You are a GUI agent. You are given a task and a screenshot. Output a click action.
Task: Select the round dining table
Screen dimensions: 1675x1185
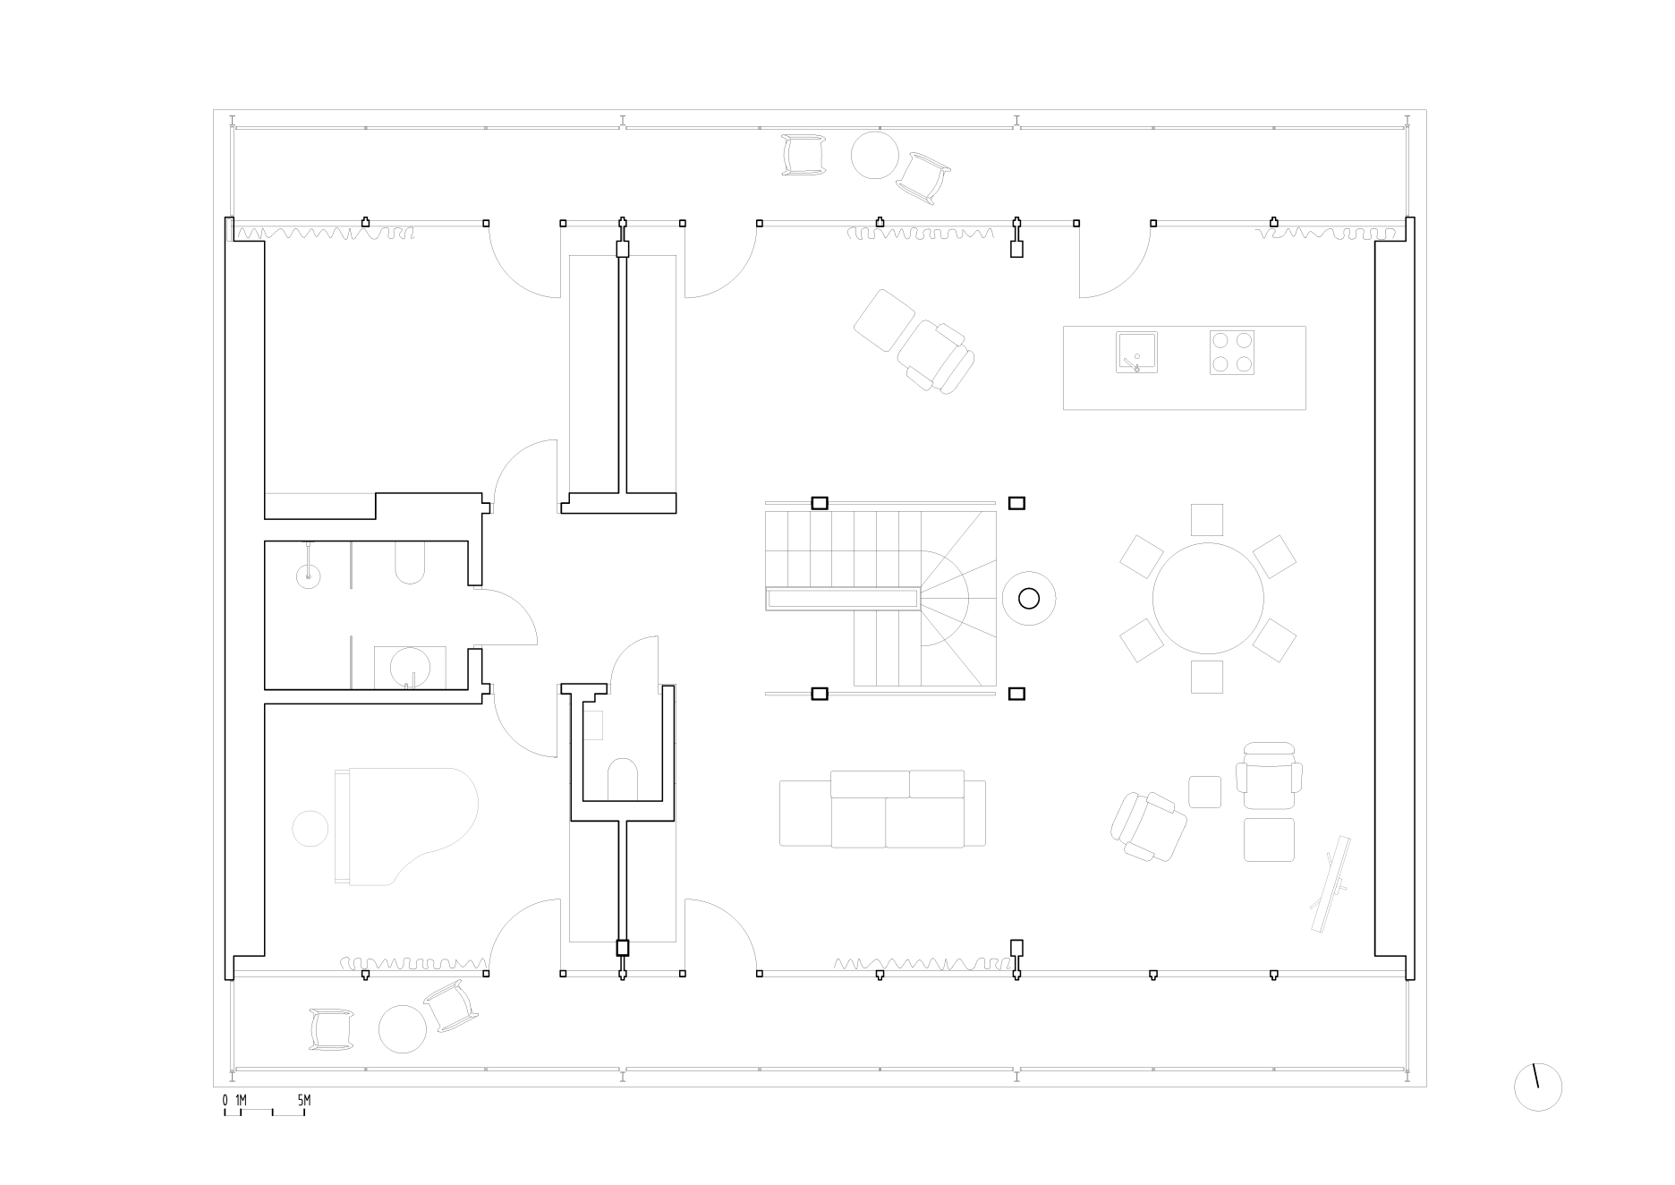point(1208,598)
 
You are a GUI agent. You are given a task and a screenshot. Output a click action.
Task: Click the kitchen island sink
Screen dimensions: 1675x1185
point(1136,352)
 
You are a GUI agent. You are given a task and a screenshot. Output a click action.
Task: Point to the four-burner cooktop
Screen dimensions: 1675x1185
point(1232,352)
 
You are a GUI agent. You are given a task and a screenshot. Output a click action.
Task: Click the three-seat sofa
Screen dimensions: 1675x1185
point(882,808)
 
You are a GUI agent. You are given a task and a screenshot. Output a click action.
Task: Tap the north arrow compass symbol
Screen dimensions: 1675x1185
point(1537,1087)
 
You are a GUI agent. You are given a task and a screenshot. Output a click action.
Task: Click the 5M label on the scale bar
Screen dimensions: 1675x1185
point(303,1099)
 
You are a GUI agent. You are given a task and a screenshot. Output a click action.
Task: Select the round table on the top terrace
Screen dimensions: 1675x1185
point(874,155)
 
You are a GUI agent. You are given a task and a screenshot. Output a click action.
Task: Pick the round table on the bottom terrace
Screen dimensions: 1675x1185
point(403,1029)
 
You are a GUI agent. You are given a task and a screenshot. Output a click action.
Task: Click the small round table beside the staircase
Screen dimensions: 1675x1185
point(1029,599)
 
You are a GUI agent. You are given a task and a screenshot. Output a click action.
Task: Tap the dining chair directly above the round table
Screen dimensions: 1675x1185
point(1207,520)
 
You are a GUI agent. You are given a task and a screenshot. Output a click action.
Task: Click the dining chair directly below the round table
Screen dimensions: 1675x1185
point(1207,677)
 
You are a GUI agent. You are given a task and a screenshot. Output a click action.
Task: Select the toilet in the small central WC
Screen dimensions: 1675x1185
point(622,779)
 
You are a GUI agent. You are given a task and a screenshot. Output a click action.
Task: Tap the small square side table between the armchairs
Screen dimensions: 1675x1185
point(1204,792)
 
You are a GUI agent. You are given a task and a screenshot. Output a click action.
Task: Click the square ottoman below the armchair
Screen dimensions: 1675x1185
point(1269,840)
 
